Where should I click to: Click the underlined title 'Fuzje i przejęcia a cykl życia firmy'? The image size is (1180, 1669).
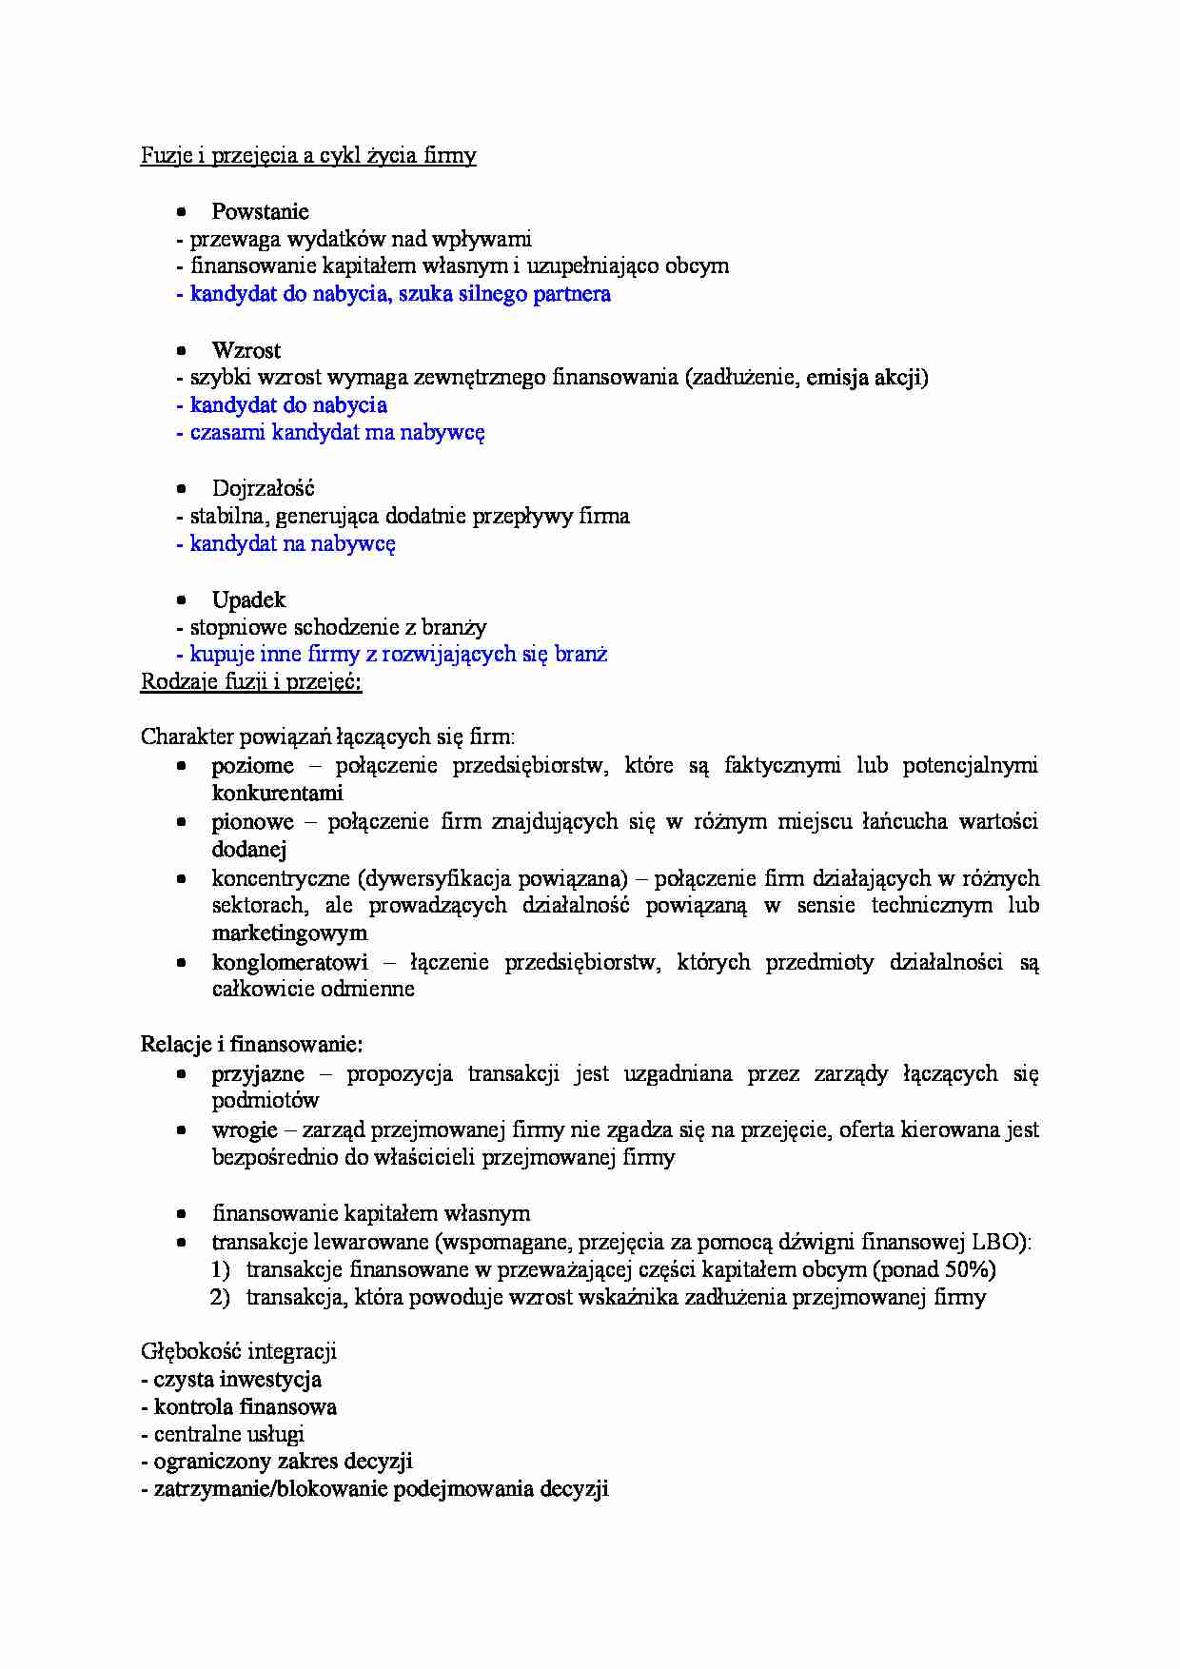(x=308, y=156)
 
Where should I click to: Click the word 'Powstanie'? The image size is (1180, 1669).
(x=260, y=211)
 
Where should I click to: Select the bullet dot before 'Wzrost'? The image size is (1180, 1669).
(x=182, y=350)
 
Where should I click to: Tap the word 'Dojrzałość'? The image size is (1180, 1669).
(x=263, y=489)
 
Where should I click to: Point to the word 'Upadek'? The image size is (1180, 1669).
(x=248, y=600)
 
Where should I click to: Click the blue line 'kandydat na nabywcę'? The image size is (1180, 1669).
(x=285, y=544)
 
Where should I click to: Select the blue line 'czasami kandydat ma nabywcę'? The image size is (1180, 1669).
(x=330, y=433)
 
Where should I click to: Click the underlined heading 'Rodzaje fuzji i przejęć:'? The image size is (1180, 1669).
(x=251, y=682)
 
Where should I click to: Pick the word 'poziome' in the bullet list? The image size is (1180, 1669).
(x=252, y=766)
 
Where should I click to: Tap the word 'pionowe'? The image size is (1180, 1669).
(x=252, y=822)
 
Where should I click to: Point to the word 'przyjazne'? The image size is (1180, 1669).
(x=258, y=1074)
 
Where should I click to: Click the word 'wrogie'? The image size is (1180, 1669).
(x=245, y=1130)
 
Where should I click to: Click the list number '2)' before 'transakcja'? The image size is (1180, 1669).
(x=220, y=1297)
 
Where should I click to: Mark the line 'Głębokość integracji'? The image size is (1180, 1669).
(x=238, y=1352)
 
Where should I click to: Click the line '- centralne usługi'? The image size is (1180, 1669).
(x=223, y=1435)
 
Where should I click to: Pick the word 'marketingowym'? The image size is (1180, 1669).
(x=289, y=933)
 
